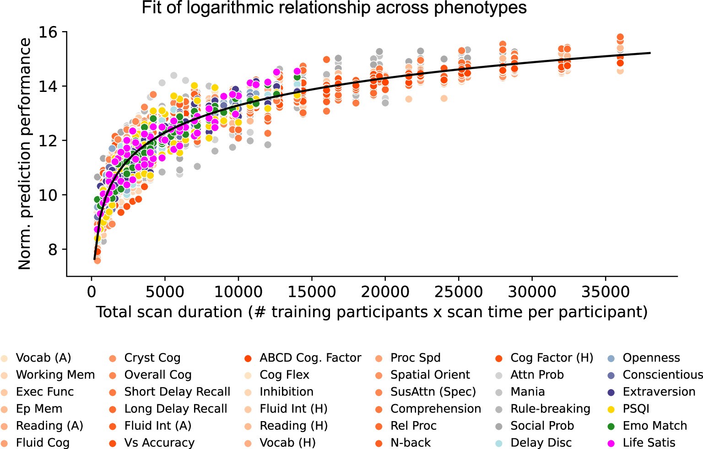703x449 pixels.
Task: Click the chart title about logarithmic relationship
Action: (334, 8)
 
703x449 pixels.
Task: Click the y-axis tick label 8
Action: (53, 250)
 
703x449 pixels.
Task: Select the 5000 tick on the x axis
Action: (164, 292)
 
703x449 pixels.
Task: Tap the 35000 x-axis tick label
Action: (606, 292)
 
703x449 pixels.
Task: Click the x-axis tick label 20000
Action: (385, 292)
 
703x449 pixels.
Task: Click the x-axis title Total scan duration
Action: (372, 312)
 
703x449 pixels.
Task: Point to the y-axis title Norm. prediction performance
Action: (25, 154)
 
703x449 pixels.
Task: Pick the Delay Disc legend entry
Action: (541, 443)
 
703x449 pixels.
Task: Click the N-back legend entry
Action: (411, 443)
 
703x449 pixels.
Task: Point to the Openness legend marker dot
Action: (611, 358)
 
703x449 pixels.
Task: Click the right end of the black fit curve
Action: (650, 53)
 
